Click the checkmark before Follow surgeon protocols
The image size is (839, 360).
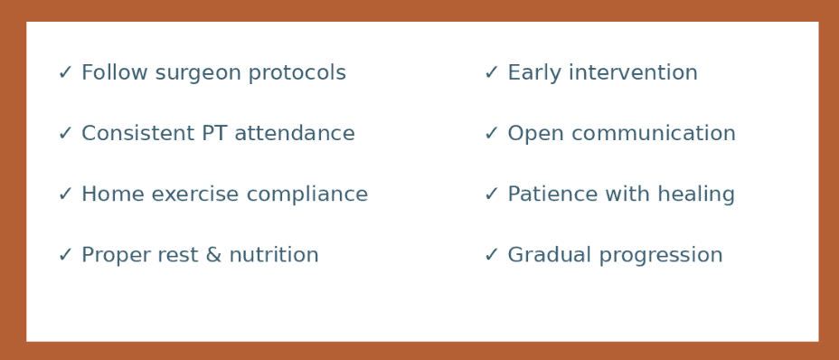(x=65, y=73)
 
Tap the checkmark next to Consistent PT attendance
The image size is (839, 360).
(x=65, y=134)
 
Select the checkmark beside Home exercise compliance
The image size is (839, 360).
(x=65, y=194)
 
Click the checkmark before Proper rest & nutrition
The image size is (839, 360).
(x=65, y=256)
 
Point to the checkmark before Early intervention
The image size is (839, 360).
(x=491, y=73)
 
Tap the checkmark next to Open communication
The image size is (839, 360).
(x=491, y=134)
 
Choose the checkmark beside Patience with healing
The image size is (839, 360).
(x=491, y=194)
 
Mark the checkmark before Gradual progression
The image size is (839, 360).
(x=491, y=256)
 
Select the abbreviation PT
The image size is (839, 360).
(x=213, y=134)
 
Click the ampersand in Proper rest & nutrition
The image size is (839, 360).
(x=212, y=256)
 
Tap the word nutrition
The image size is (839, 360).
(x=274, y=256)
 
